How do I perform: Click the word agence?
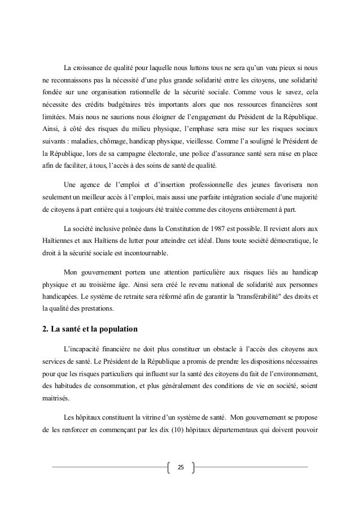pyautogui.click(x=91, y=184)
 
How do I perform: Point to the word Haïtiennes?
pyautogui.click(x=62, y=243)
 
